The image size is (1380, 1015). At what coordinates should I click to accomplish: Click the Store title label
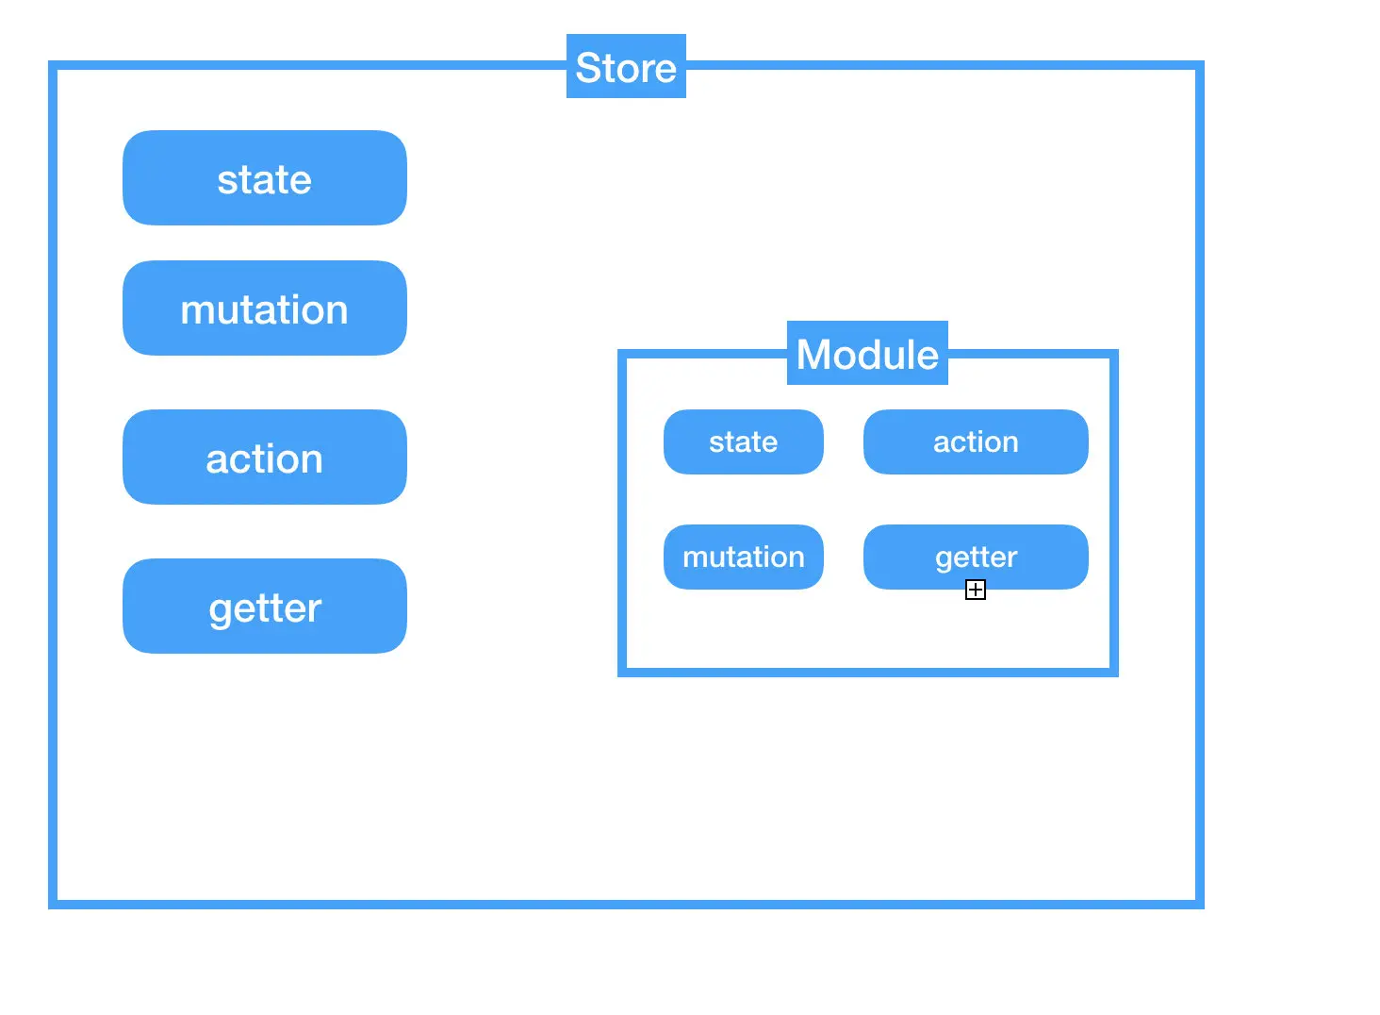[626, 66]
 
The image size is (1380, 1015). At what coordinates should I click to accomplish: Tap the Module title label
[867, 353]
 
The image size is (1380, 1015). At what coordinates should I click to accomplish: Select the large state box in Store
[265, 177]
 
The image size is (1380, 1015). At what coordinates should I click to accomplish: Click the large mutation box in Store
[265, 308]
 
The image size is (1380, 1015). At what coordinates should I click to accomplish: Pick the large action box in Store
[265, 457]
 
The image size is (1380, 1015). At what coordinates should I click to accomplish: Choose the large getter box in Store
[265, 607]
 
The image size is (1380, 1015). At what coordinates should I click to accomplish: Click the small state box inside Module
[744, 442]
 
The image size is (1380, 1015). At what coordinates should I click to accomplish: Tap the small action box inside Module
[976, 442]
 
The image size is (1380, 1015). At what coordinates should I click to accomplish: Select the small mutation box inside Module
[744, 557]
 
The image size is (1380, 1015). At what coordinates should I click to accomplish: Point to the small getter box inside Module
[976, 557]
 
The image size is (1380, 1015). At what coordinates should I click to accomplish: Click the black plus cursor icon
[976, 590]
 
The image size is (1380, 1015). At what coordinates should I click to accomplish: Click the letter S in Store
[590, 67]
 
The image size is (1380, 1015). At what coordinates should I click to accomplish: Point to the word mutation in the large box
[264, 309]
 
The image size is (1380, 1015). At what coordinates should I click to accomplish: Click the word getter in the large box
[265, 609]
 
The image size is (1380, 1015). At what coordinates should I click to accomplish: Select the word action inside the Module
[976, 442]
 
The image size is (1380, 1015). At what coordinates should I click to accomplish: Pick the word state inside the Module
[744, 442]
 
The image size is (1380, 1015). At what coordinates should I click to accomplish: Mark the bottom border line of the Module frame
[868, 673]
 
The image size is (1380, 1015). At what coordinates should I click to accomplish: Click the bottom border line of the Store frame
[626, 905]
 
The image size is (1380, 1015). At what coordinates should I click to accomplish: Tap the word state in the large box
[265, 179]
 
